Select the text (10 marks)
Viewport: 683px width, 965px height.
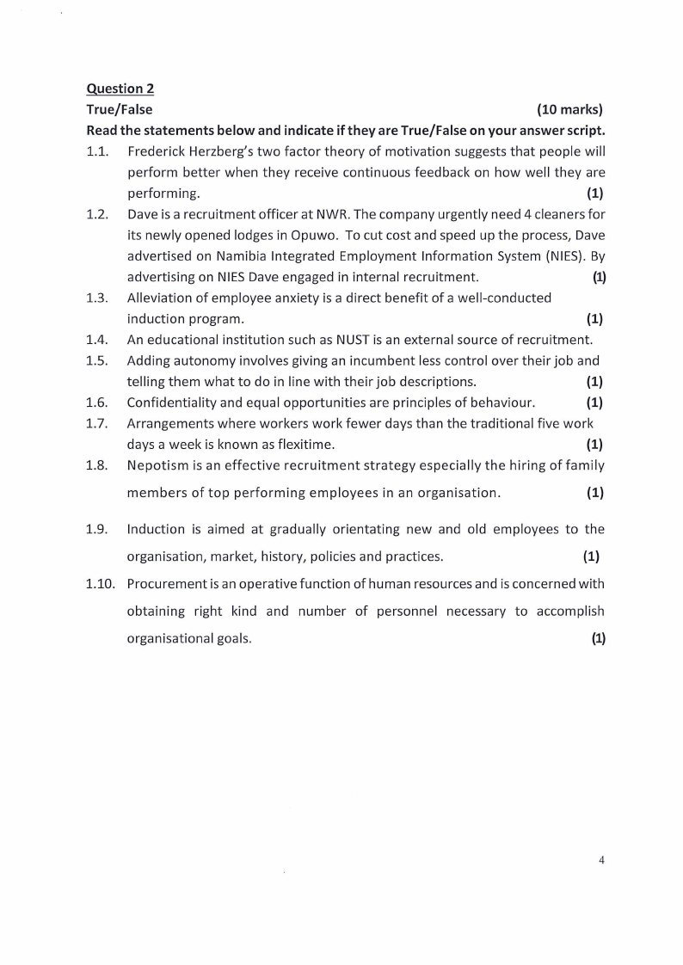coord(569,109)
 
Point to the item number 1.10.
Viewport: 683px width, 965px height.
coord(101,583)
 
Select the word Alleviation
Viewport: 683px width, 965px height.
coord(160,298)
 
